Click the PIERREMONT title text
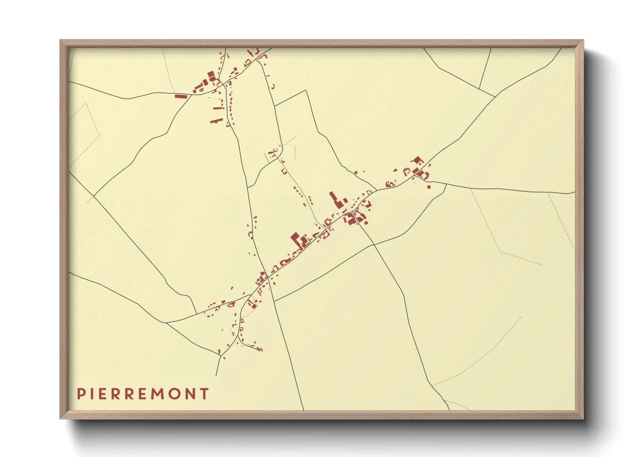143,394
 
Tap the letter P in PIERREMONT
80,394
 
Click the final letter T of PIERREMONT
205,394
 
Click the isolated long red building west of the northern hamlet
180,96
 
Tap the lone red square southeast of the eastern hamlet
429,187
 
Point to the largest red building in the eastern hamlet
417,161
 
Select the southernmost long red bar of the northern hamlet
216,121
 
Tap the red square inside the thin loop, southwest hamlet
254,306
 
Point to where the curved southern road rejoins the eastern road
446,184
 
